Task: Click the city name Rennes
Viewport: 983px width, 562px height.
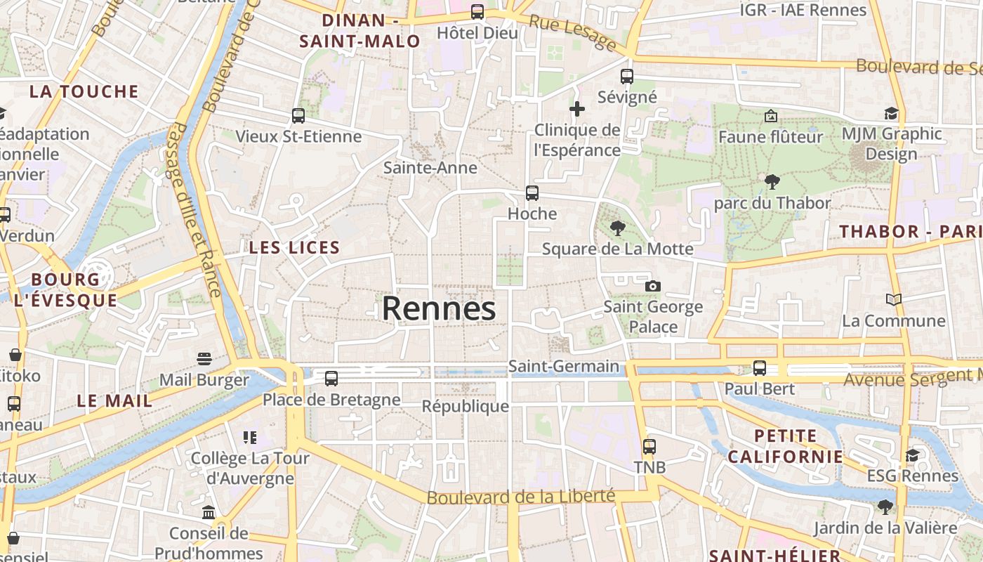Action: click(x=439, y=309)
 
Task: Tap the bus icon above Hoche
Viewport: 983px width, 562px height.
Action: click(x=532, y=192)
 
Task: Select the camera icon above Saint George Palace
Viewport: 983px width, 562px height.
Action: click(x=653, y=286)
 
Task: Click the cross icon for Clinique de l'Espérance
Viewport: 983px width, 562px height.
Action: click(x=577, y=109)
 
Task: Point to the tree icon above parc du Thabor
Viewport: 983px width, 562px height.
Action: click(x=772, y=182)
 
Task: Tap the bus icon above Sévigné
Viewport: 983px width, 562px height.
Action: click(x=627, y=76)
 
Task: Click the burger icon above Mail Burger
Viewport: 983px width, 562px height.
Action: click(x=204, y=359)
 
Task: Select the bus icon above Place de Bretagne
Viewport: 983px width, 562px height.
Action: click(x=331, y=379)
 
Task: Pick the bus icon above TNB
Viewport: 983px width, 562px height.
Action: click(x=649, y=446)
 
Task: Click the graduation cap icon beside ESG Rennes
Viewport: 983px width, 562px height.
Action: click(x=912, y=455)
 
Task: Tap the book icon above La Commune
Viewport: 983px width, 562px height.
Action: click(x=894, y=300)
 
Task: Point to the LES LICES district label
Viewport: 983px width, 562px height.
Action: click(x=294, y=247)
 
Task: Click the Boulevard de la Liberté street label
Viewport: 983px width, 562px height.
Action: click(x=521, y=497)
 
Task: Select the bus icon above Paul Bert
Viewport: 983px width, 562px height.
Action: click(x=760, y=367)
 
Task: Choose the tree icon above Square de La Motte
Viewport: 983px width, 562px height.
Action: click(x=618, y=228)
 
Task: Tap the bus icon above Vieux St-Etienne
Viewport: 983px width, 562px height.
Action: click(x=298, y=115)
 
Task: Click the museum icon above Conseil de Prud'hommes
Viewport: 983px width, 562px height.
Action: click(x=209, y=512)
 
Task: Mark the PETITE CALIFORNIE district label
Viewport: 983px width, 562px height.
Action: click(x=785, y=446)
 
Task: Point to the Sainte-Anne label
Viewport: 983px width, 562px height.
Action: click(x=430, y=168)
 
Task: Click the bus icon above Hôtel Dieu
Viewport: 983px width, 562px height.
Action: click(x=477, y=11)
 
